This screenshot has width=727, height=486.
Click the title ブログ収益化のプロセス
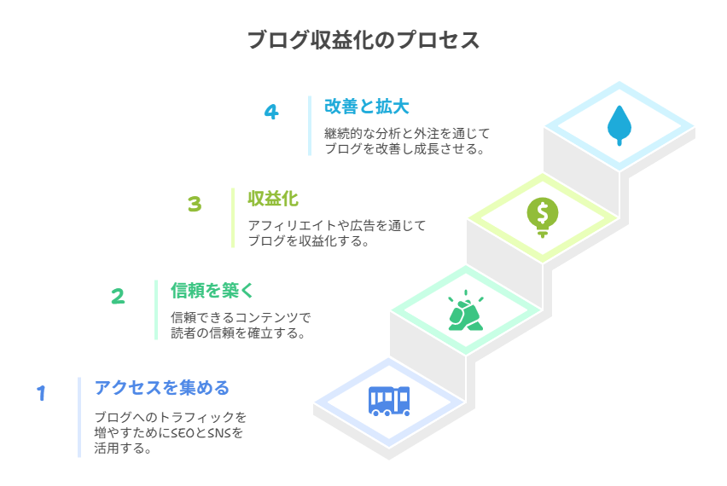[363, 41]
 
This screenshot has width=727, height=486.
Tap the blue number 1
[41, 393]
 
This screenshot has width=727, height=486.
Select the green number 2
[118, 296]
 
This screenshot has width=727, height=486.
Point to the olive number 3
[195, 205]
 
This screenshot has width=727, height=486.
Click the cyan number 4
[271, 112]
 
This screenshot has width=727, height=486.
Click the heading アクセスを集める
[162, 389]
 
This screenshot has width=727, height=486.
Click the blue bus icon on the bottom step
[389, 400]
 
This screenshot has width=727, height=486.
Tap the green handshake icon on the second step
[466, 310]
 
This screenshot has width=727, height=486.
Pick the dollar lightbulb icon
[542, 216]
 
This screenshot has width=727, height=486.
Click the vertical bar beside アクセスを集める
[79, 417]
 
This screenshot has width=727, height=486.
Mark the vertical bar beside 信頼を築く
[156, 310]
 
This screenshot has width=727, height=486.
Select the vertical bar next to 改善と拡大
[310, 125]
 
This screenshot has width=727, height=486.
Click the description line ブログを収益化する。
[308, 240]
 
